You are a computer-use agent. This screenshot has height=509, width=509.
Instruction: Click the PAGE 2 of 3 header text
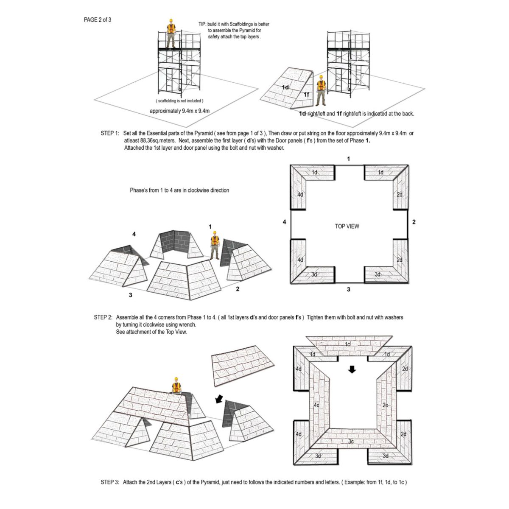[x=98, y=20]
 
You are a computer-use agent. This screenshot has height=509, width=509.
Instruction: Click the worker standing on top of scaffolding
[x=171, y=34]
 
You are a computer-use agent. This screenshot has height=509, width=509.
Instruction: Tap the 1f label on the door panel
[x=306, y=95]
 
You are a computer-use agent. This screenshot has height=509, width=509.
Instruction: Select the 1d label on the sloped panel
[x=285, y=87]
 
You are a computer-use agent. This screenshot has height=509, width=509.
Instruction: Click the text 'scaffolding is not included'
[x=179, y=101]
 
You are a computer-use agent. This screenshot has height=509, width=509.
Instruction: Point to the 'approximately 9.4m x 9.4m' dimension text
[x=180, y=111]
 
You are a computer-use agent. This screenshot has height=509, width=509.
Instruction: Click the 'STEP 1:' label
[x=109, y=133]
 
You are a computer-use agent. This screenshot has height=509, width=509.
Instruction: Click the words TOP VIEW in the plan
[x=347, y=226]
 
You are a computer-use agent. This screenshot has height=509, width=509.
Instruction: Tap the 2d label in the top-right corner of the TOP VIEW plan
[x=400, y=194]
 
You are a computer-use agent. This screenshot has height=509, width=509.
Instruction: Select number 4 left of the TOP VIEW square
[x=285, y=222]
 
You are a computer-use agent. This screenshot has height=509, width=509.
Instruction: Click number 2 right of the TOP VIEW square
[x=414, y=222]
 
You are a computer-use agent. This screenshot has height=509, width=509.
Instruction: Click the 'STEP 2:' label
[x=103, y=317]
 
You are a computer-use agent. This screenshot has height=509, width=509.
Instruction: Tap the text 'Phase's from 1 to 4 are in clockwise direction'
[x=179, y=190]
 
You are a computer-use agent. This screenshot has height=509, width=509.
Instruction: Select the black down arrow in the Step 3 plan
[x=352, y=370]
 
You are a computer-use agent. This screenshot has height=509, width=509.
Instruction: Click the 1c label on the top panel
[x=348, y=344]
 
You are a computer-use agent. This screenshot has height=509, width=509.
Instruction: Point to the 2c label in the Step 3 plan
[x=385, y=405]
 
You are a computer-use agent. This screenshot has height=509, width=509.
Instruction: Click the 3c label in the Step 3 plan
[x=351, y=442]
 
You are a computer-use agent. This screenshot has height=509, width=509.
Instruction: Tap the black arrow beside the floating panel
[x=219, y=399]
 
